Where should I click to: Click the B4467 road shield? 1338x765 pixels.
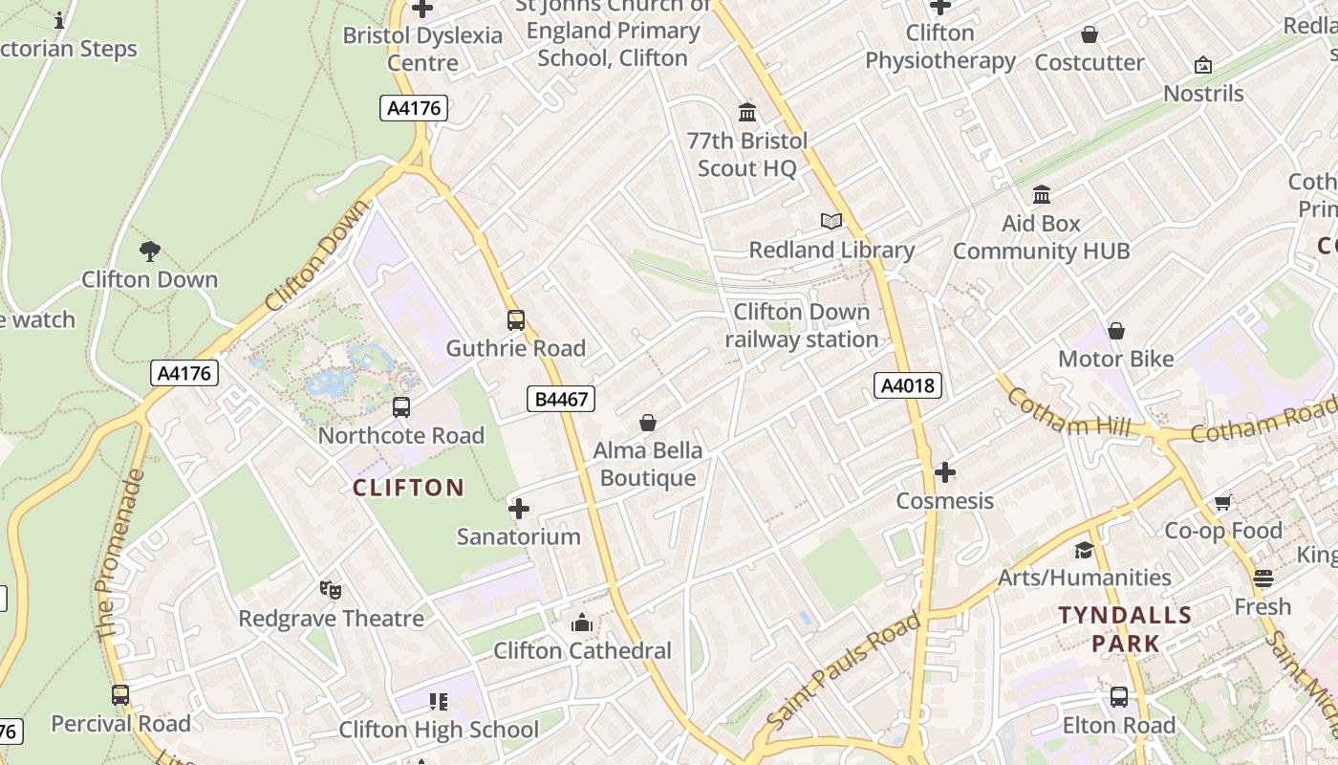[561, 399]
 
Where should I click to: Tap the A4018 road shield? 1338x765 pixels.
[907, 385]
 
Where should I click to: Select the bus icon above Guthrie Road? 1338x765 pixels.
[516, 320]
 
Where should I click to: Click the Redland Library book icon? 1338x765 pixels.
[831, 222]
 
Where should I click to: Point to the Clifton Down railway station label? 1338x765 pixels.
[801, 326]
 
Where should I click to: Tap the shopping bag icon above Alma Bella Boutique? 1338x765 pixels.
[648, 423]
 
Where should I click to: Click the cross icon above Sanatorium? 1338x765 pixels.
[518, 509]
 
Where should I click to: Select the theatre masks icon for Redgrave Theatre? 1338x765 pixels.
[331, 590]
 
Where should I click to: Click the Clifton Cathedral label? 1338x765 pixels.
[582, 651]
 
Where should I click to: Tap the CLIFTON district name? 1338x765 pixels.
[408, 488]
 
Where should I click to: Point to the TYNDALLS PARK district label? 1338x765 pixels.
[1126, 629]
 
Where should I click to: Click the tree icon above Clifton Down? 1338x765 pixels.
[149, 251]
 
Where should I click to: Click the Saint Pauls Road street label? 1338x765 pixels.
[843, 668]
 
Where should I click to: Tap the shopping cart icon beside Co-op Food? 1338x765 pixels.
[1222, 503]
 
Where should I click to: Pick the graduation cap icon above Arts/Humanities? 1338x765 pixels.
[1084, 550]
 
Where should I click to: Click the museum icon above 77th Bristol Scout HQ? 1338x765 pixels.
[747, 113]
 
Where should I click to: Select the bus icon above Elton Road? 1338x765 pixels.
[1119, 697]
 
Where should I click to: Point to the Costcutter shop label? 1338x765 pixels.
[1090, 63]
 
